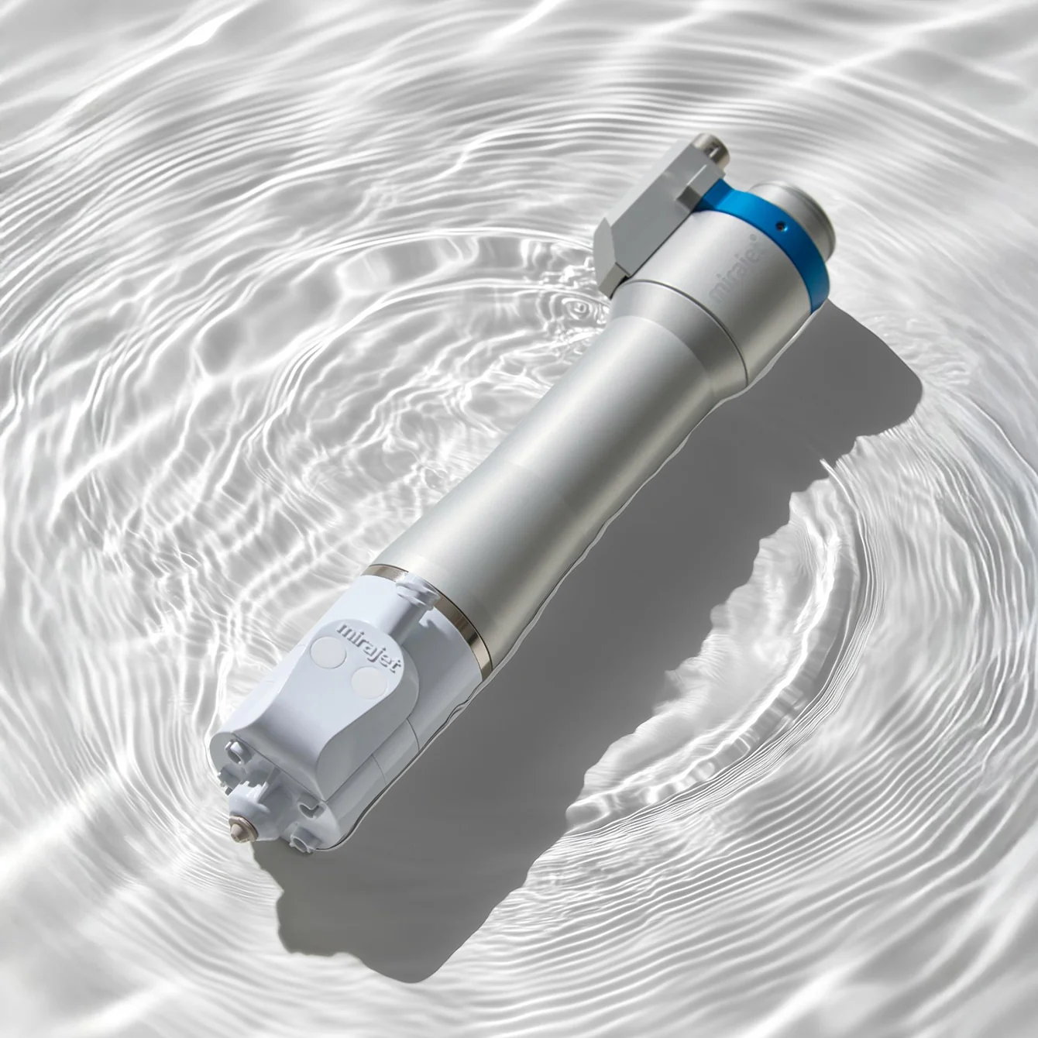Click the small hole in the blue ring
(x=782, y=228)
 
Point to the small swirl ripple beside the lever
(x=577, y=310)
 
